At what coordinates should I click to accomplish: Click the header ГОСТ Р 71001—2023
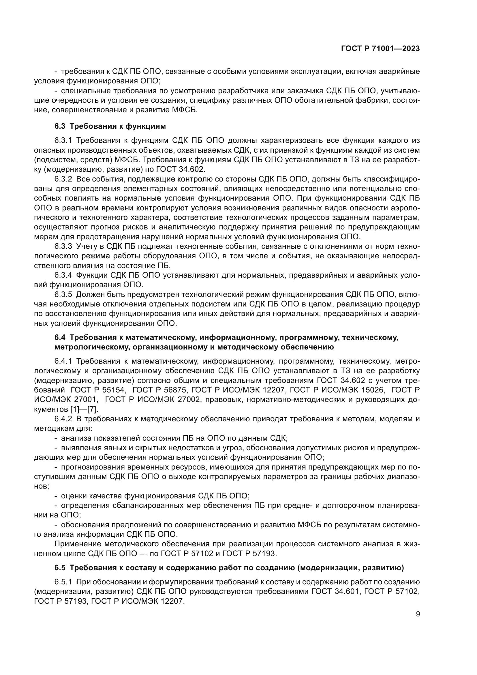380,49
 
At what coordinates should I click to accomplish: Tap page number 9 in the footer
418,614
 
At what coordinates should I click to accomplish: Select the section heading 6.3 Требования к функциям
110,126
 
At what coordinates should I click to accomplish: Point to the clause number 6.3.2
63,179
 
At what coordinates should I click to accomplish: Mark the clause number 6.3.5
63,295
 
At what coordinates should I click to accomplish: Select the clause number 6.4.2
63,419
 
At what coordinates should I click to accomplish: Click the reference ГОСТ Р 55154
98,390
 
